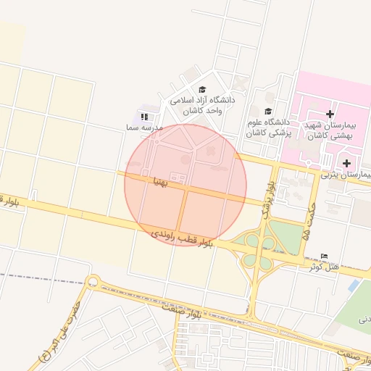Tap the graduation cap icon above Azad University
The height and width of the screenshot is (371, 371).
(201, 90)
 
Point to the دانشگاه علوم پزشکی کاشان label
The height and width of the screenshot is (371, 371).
(267, 128)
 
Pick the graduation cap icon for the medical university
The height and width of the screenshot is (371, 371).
(269, 112)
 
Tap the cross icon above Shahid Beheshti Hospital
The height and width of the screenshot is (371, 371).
(330, 114)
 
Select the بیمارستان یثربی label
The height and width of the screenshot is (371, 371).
(346, 175)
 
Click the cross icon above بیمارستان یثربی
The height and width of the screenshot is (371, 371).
(347, 162)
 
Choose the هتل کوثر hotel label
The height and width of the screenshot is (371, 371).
(324, 267)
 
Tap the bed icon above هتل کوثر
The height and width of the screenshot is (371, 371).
(324, 257)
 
